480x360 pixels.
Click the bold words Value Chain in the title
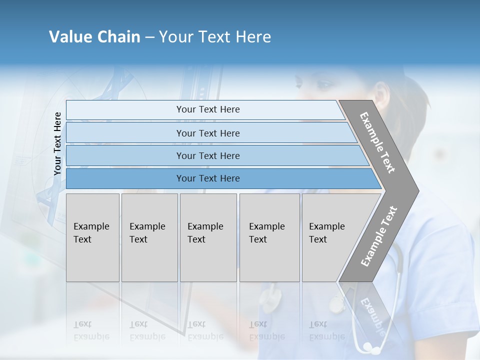(x=94, y=37)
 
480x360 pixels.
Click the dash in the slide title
(x=149, y=37)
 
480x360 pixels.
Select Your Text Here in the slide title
(x=215, y=37)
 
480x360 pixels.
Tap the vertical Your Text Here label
(x=57, y=144)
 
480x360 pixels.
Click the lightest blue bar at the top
(x=207, y=109)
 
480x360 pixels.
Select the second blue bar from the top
(x=207, y=133)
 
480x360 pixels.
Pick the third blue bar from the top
(x=207, y=155)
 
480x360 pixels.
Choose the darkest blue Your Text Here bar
(x=207, y=178)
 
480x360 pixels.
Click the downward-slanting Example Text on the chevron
(x=377, y=142)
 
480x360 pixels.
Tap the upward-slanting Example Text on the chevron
(x=379, y=236)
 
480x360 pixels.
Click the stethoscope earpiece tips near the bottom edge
(x=368, y=346)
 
